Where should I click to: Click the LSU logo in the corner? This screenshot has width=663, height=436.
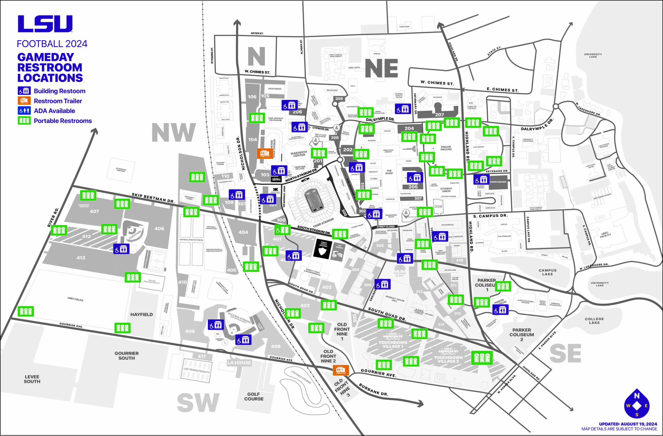click(x=45, y=24)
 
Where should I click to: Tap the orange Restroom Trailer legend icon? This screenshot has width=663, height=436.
click(x=24, y=101)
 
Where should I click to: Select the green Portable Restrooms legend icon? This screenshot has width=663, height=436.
click(x=24, y=121)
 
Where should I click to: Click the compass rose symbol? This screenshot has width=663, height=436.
click(x=637, y=405)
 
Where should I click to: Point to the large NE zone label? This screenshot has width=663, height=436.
click(x=381, y=68)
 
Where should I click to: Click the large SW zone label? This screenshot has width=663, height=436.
click(x=198, y=403)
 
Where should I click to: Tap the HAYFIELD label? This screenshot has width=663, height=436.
click(x=142, y=314)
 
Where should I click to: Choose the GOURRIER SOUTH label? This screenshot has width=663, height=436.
click(x=127, y=355)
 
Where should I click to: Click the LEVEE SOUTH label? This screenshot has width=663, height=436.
click(x=32, y=379)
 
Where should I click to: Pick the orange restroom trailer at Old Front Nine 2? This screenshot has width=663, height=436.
click(x=341, y=370)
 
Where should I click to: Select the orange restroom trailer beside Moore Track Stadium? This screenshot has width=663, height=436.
click(x=265, y=153)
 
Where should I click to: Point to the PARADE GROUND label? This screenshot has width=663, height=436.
click(x=446, y=148)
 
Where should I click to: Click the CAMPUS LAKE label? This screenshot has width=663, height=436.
click(x=547, y=272)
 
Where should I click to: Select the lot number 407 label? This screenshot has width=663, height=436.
click(x=94, y=211)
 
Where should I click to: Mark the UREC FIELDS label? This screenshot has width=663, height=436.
click(x=75, y=299)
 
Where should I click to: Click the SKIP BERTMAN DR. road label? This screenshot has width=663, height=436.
click(x=153, y=198)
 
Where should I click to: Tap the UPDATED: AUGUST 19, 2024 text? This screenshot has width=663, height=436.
click(x=628, y=424)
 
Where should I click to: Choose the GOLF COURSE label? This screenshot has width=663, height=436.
click(x=254, y=396)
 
